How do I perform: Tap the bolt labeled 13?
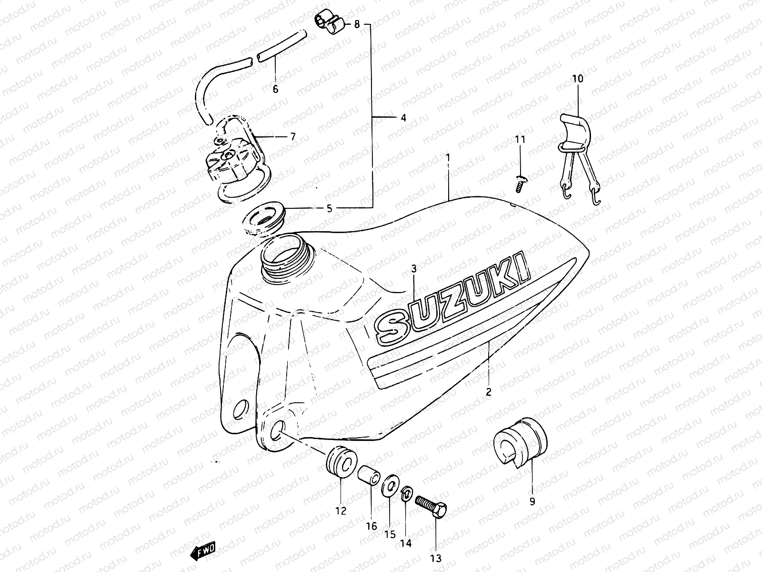click(x=431, y=506)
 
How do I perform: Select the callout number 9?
click(x=532, y=501)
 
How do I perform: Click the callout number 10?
click(x=578, y=79)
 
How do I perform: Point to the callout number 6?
click(x=275, y=89)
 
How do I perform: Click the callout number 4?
click(x=403, y=118)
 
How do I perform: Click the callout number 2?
click(x=489, y=392)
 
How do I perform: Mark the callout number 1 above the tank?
click(x=448, y=156)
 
